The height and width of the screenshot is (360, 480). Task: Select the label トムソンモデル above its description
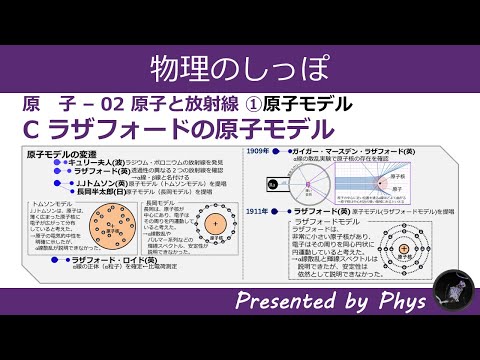(x=51, y=201)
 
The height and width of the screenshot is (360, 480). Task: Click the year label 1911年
(x=259, y=212)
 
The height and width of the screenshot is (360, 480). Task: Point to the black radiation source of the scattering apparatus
(x=277, y=183)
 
